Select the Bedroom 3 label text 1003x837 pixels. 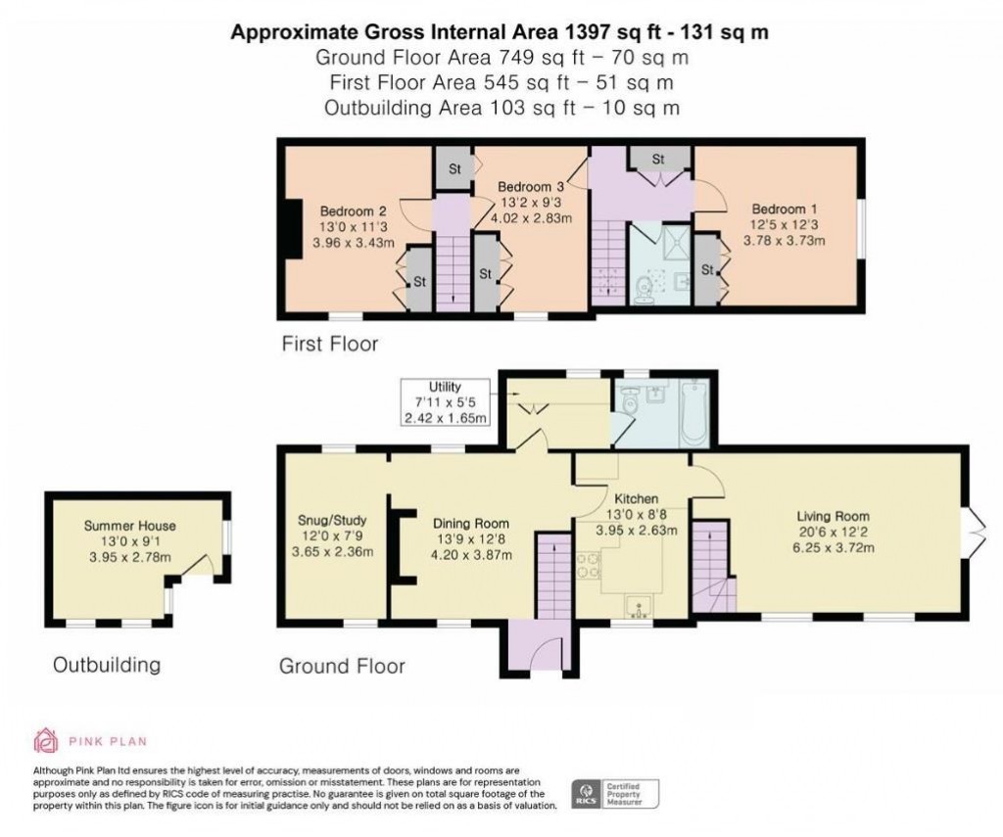tap(530, 187)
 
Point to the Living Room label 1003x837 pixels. tap(833, 517)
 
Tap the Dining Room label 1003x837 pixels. tap(472, 523)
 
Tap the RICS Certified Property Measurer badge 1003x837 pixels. tap(616, 793)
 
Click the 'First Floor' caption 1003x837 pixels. tap(329, 344)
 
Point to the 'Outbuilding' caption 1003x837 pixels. tap(106, 666)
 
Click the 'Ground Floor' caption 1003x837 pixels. tap(342, 667)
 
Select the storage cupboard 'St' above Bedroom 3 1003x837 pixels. tap(454, 168)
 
